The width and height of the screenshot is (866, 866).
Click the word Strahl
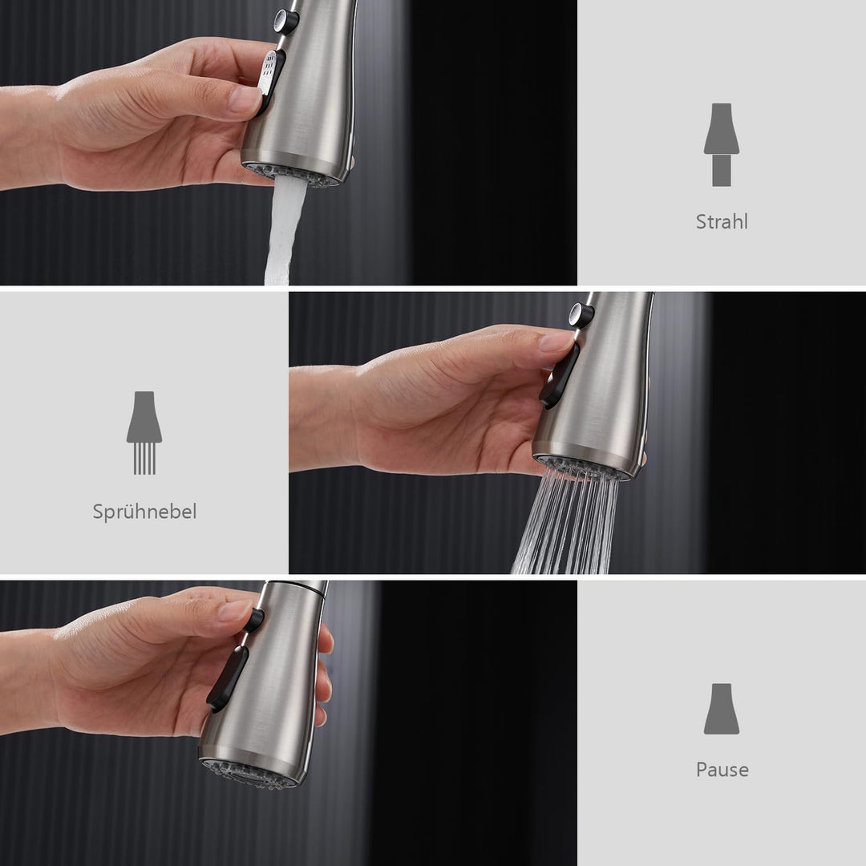[x=722, y=221]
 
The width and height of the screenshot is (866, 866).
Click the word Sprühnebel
[x=144, y=512]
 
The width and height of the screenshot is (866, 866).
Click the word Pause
[x=722, y=769]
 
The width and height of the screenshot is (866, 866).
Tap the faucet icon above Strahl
[x=722, y=144]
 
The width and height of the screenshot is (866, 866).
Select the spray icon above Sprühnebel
[x=144, y=433]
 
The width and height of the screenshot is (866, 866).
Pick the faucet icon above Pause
[x=722, y=709]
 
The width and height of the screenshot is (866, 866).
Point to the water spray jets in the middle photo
[x=566, y=522]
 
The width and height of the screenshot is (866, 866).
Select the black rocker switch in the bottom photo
[x=227, y=679]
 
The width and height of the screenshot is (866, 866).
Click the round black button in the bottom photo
[x=253, y=620]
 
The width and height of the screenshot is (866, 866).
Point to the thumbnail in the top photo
[x=245, y=99]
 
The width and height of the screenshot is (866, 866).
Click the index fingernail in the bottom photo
[x=235, y=609]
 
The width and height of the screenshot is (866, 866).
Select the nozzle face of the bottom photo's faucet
[x=252, y=773]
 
